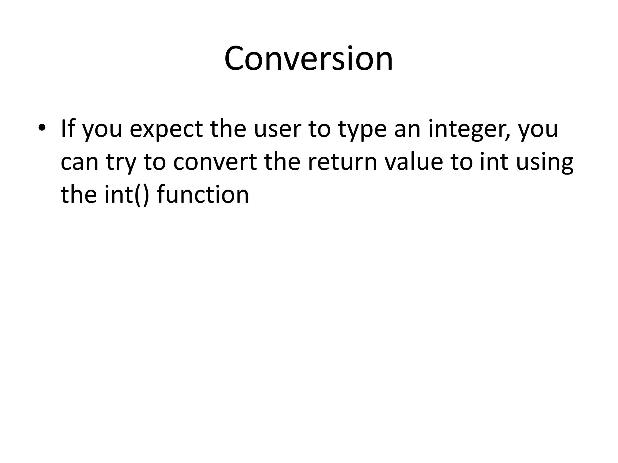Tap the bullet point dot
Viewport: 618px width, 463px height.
[42, 128]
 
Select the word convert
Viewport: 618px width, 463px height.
[215, 162]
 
